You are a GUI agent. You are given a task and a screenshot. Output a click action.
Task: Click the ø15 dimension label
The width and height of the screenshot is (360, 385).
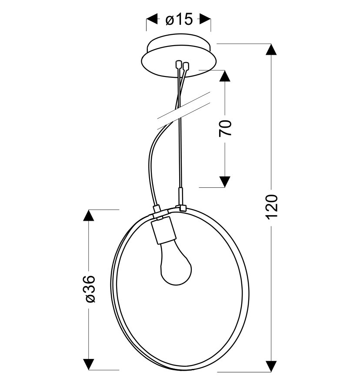pos(179,20)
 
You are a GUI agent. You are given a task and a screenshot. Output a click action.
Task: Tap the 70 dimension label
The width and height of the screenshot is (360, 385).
pos(225,128)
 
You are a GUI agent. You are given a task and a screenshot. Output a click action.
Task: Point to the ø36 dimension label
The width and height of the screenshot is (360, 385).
pos(89,289)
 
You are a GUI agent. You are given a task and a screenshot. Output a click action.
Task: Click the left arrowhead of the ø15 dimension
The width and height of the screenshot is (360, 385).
pos(152,19)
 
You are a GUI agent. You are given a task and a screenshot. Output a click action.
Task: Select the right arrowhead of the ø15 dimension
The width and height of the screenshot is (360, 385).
pos(205,19)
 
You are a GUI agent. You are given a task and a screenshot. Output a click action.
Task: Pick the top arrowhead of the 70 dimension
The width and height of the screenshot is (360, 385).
pos(225,76)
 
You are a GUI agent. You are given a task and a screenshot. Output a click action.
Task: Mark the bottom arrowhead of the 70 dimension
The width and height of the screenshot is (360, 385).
pos(225,182)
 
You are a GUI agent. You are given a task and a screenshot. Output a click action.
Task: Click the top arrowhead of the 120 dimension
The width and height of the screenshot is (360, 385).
pos(271,50)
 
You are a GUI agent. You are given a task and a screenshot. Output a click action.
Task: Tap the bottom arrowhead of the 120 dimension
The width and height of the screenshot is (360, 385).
pos(271,367)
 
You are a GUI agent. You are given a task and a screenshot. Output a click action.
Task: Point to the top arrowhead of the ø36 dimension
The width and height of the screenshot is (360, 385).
pos(89,216)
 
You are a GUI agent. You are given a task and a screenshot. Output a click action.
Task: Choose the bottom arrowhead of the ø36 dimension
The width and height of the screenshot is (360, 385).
pos(89,365)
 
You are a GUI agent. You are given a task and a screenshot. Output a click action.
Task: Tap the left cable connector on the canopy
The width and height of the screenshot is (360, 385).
pos(178,65)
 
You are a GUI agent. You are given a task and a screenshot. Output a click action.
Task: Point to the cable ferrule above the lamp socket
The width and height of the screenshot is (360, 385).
pos(157,209)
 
